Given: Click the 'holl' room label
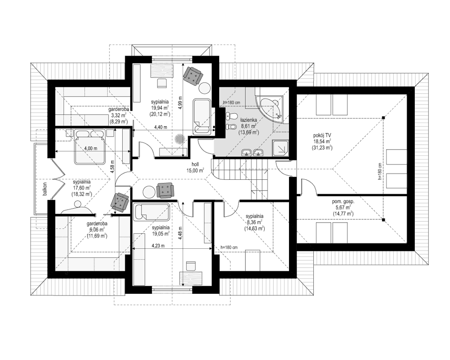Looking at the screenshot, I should [195, 164].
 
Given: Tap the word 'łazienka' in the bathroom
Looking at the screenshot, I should [248, 119].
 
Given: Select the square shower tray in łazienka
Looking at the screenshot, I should [283, 147].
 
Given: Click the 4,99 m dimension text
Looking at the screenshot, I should [179, 104].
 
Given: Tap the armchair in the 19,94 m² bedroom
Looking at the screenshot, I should [193, 75].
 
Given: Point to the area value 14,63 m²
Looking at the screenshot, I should [255, 228].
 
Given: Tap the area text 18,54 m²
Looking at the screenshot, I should [321, 141].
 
